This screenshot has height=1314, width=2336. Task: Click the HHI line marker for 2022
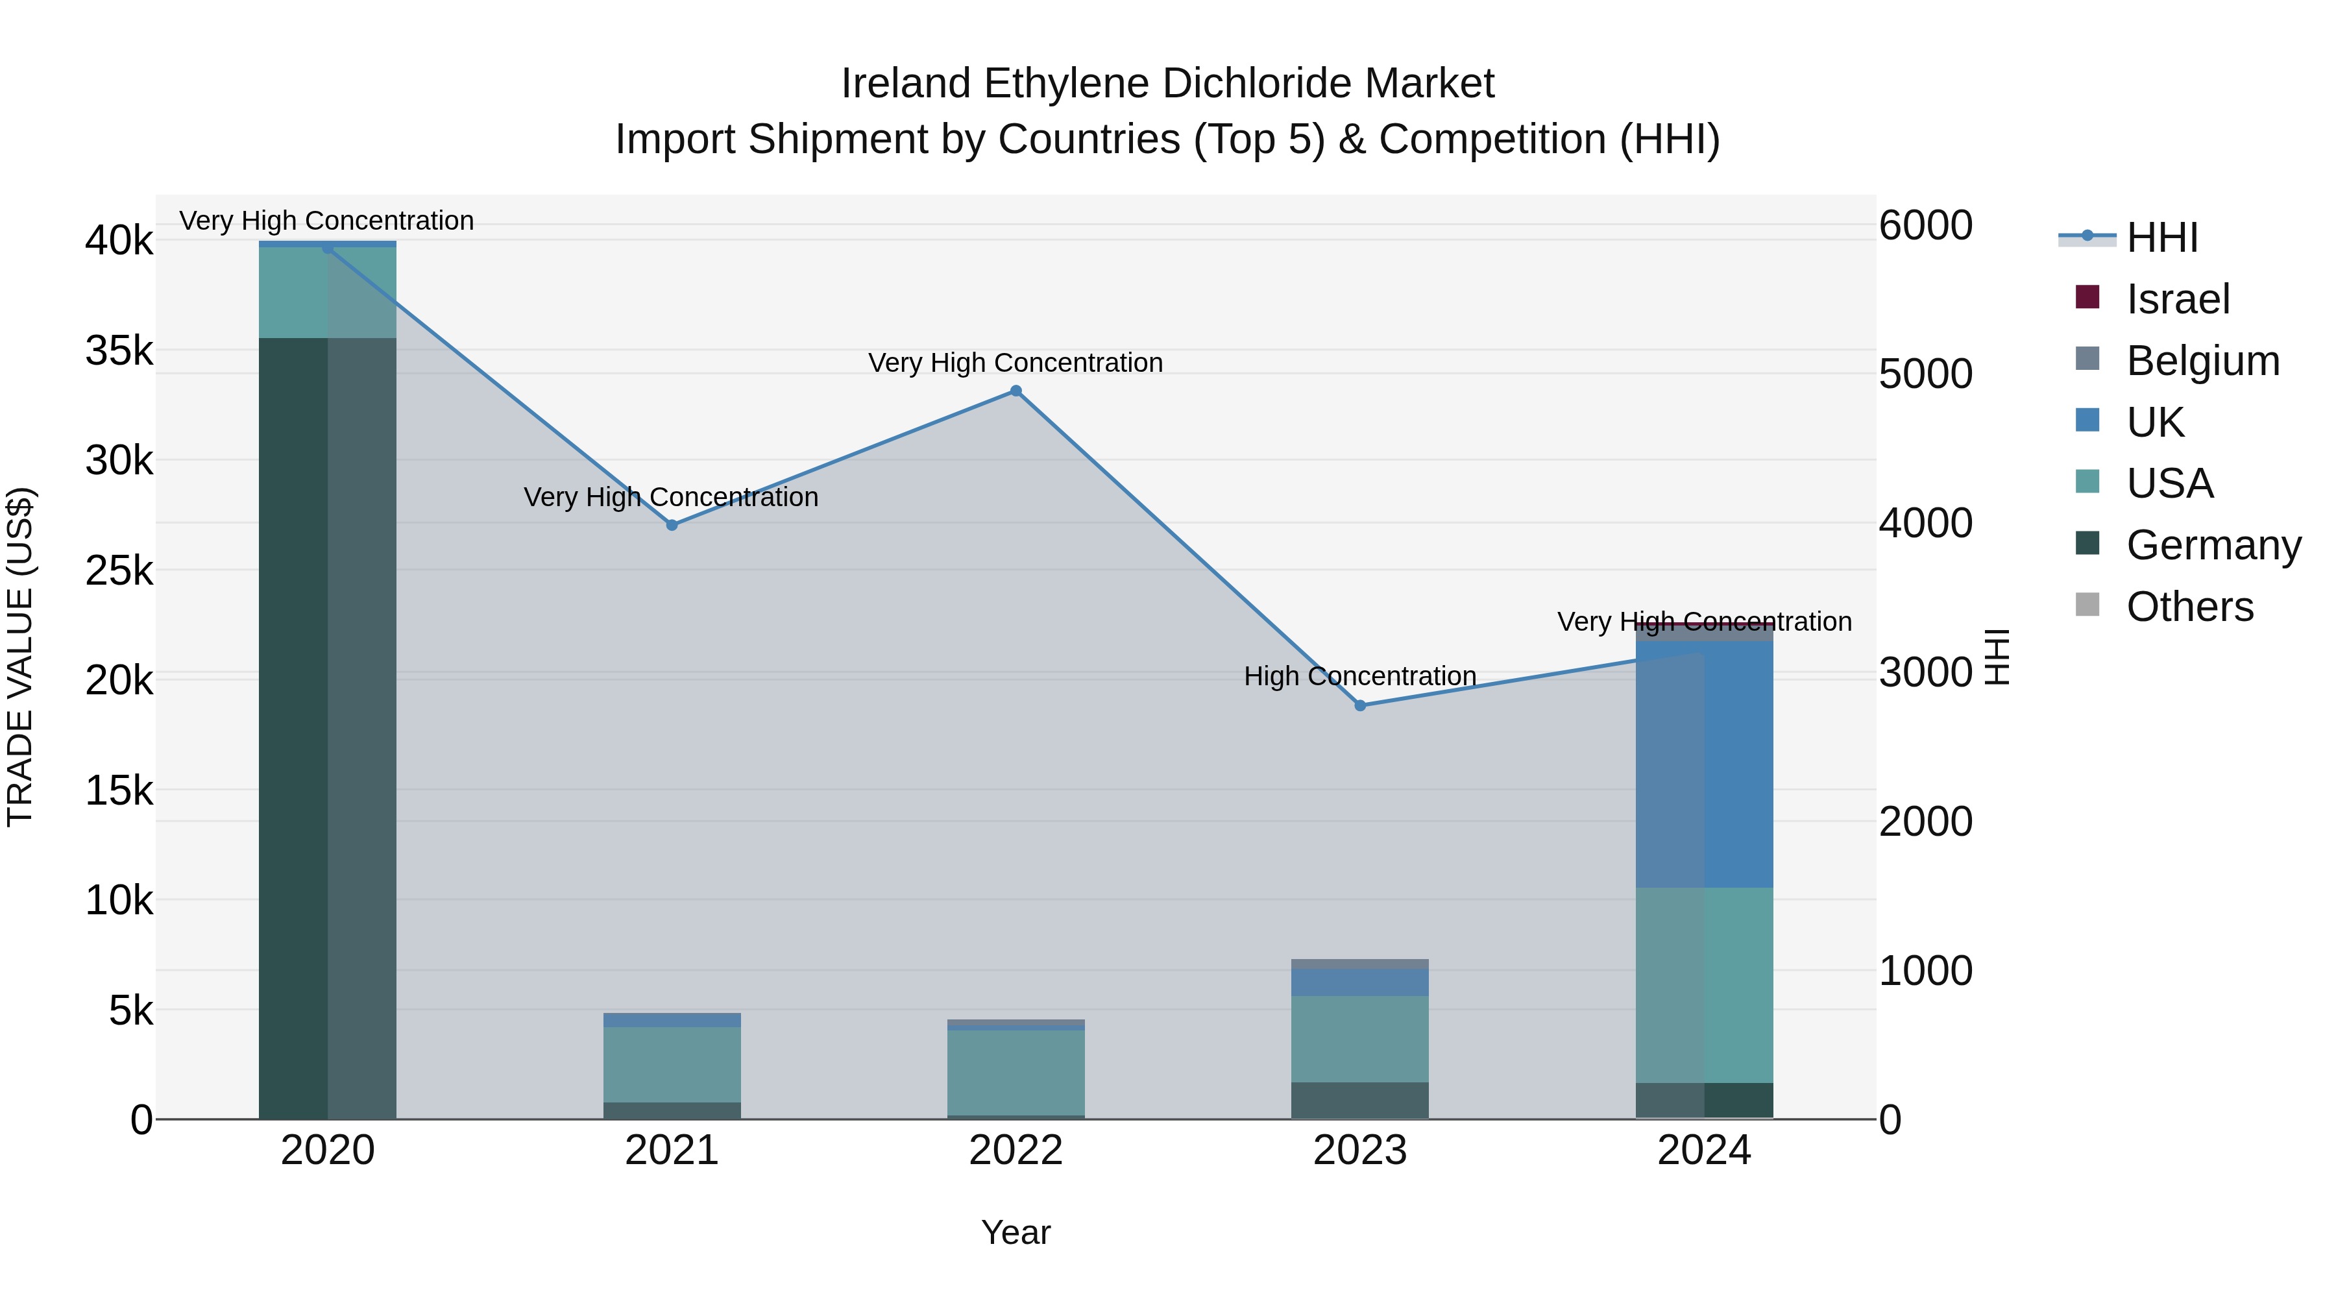(x=1016, y=391)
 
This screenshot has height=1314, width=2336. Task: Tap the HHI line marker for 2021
(x=672, y=525)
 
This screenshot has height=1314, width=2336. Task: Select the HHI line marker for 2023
(x=1360, y=705)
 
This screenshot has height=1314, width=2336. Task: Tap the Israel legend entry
(x=2176, y=299)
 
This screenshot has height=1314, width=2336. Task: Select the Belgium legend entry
(x=2201, y=361)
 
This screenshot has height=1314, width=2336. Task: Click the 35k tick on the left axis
(x=119, y=351)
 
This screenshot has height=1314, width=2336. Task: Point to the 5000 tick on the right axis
(x=1925, y=374)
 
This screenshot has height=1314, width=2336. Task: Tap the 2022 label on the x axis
(x=1016, y=1150)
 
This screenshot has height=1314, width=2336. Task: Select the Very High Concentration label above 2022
(x=1016, y=363)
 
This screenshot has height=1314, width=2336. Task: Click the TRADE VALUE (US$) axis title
(x=20, y=657)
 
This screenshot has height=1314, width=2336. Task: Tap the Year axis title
(x=1016, y=1232)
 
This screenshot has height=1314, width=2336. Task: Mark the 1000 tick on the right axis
(x=1925, y=970)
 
